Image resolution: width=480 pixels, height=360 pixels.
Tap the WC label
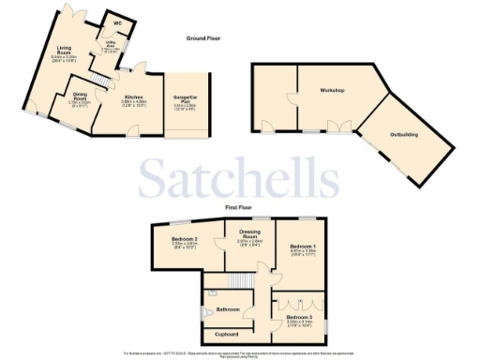[118, 22]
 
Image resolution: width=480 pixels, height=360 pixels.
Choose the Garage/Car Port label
[185, 98]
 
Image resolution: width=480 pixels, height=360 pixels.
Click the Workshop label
[332, 90]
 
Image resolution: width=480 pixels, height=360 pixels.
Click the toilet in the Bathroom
[205, 314]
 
